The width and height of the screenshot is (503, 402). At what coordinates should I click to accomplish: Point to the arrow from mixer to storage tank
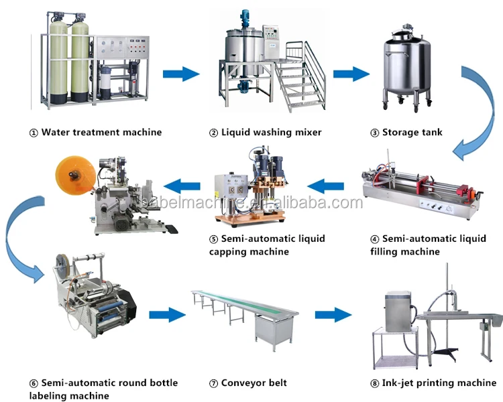pos(351,73)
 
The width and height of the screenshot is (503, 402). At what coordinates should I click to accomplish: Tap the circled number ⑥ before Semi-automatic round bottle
pos(34,383)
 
